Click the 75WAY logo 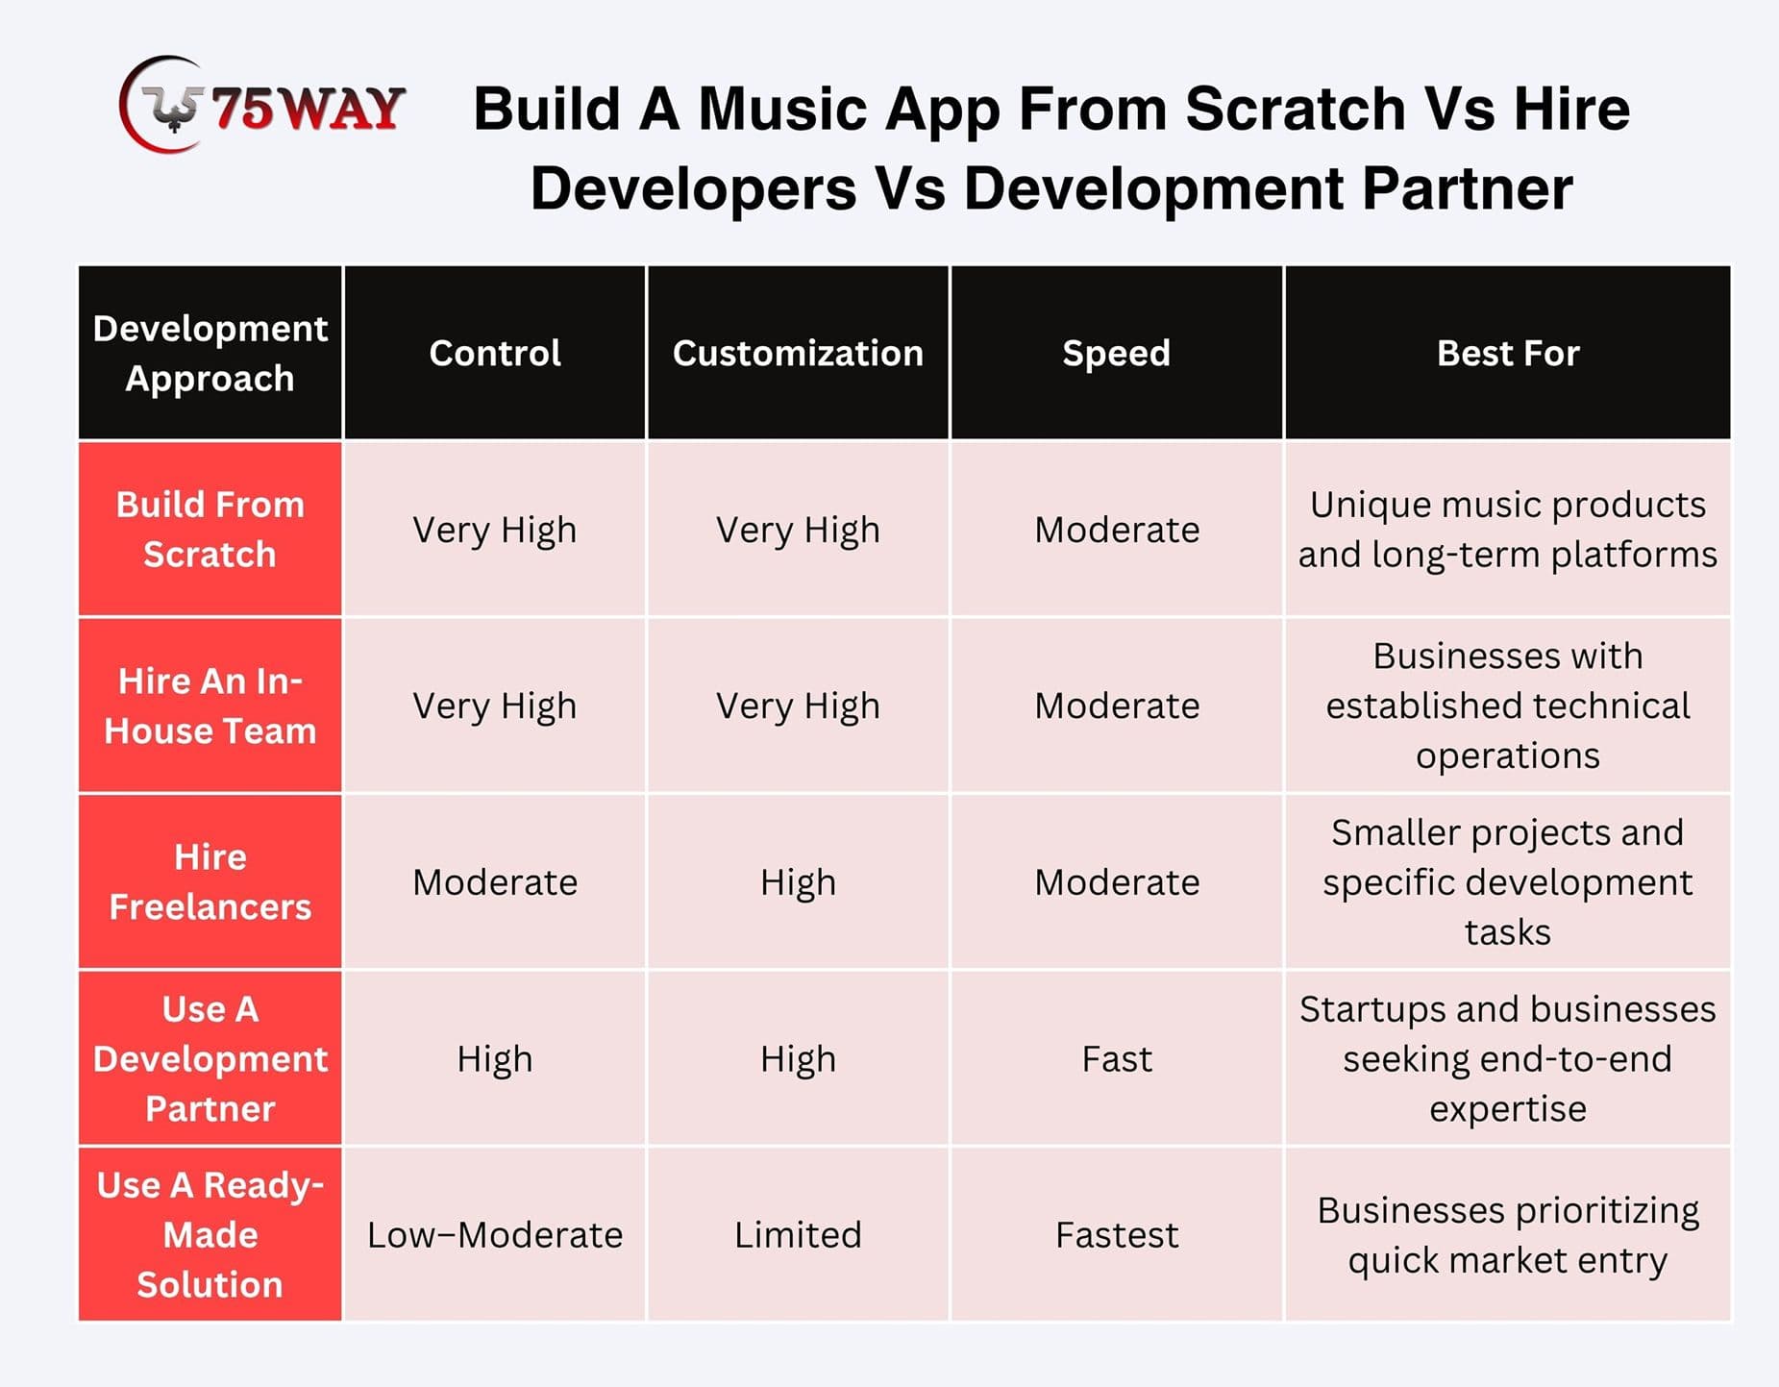(261, 105)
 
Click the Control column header (495, 353)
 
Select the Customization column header (798, 353)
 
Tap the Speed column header (1117, 353)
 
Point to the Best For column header (1508, 353)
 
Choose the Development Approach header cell (210, 353)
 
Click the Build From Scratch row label (210, 529)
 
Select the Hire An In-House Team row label (210, 706)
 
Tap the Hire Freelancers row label (210, 881)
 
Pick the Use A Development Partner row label (210, 1058)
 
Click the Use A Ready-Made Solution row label (210, 1234)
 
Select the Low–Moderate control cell (495, 1234)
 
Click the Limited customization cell (798, 1234)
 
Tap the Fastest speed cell (1117, 1234)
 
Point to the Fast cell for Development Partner (1117, 1058)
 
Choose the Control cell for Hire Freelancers (495, 881)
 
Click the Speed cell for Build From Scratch (1117, 529)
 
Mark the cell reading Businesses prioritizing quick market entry (1508, 1234)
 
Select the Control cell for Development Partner (495, 1058)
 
